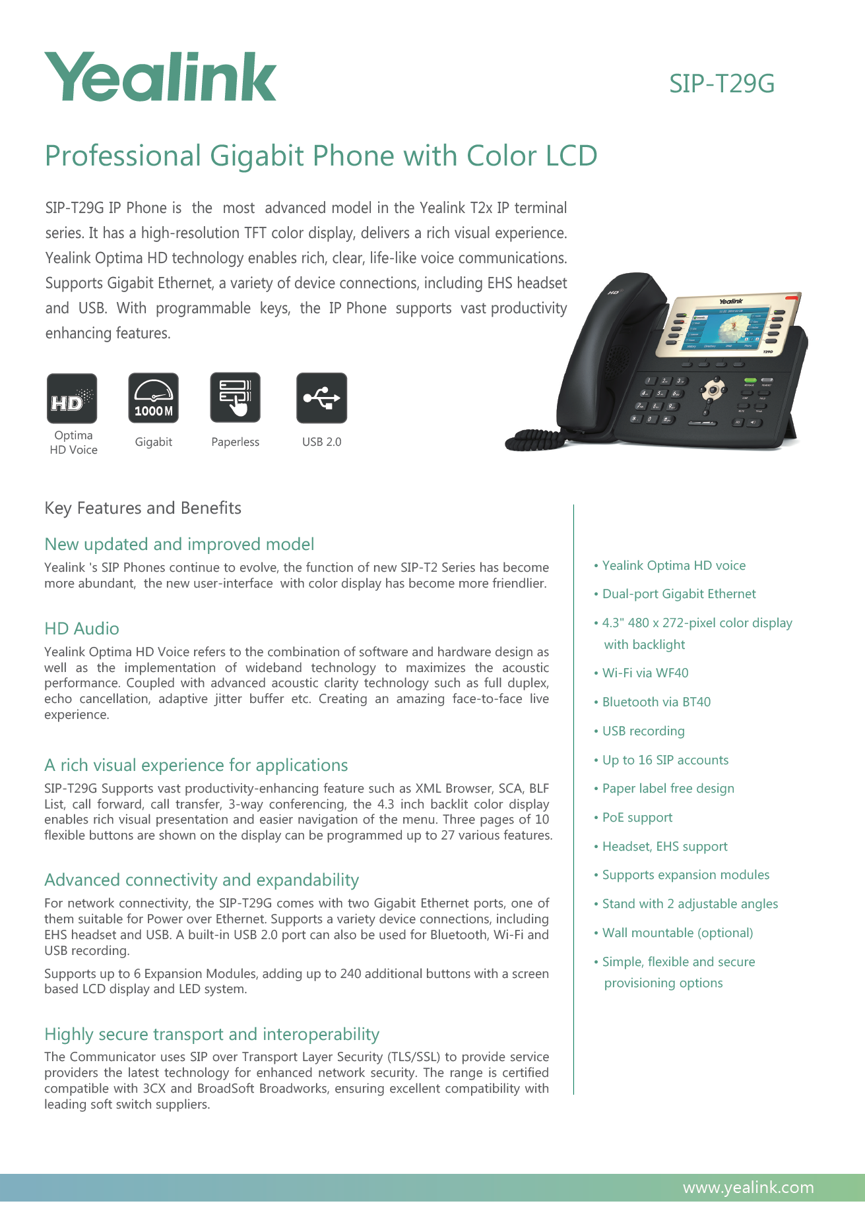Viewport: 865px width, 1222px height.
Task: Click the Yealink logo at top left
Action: pyautogui.click(x=160, y=77)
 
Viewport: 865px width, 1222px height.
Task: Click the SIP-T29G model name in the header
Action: pyautogui.click(x=721, y=84)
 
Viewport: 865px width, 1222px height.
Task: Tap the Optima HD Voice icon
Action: pyautogui.click(x=72, y=398)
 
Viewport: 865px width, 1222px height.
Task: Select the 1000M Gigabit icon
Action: pyautogui.click(x=153, y=398)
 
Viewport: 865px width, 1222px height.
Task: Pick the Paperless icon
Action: pyautogui.click(x=235, y=398)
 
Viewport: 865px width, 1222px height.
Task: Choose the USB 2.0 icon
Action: pyautogui.click(x=321, y=398)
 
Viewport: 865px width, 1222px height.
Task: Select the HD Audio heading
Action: pyautogui.click(x=82, y=628)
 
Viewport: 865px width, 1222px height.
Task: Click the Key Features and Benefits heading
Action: pyautogui.click(x=143, y=508)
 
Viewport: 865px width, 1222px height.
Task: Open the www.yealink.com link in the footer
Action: pyautogui.click(x=748, y=1188)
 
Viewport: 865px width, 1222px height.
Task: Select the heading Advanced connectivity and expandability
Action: pyautogui.click(x=201, y=880)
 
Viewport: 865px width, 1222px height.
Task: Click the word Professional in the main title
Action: pyautogui.click(x=123, y=156)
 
